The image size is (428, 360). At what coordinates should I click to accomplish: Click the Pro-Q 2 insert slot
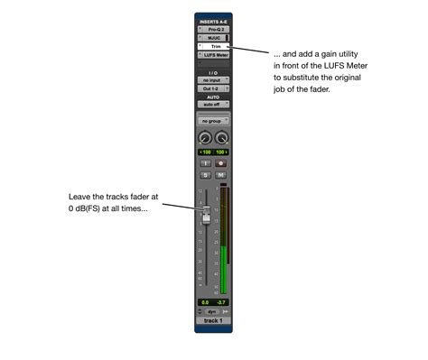pos(213,28)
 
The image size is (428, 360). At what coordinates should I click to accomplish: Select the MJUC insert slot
pos(213,37)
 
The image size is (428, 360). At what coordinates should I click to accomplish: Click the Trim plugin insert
pos(214,46)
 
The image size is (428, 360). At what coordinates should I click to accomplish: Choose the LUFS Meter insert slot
pos(214,55)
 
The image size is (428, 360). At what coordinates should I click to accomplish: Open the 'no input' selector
pos(213,80)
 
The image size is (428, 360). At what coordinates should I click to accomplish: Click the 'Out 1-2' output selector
pos(213,89)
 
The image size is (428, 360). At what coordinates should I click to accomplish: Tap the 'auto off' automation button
pos(213,105)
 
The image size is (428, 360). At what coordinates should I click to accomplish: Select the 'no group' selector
pos(213,120)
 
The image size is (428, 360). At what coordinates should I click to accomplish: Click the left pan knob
pos(205,137)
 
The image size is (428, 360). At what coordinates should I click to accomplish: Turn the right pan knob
pos(221,137)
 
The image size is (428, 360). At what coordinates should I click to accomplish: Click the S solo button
pos(206,174)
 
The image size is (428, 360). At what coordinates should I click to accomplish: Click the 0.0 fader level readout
pos(205,302)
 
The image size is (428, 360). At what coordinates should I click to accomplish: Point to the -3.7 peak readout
pos(222,302)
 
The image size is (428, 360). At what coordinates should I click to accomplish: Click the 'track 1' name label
pos(213,320)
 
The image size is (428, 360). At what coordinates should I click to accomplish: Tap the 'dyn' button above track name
pos(213,311)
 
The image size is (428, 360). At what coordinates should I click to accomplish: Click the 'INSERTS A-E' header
pos(213,20)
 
